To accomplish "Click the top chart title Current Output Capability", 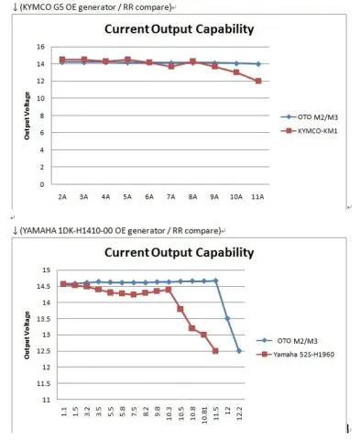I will click(179, 30).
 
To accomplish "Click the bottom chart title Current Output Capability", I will click(179, 250).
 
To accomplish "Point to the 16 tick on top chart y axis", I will click(41, 46).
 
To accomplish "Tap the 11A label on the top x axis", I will click(258, 197).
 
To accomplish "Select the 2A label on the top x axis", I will click(61, 197).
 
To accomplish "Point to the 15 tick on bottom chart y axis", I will click(41, 270).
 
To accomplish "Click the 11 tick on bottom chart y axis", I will click(41, 400).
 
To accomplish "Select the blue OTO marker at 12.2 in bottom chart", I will click(239, 351).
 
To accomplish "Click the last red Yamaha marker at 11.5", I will click(215, 351).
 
